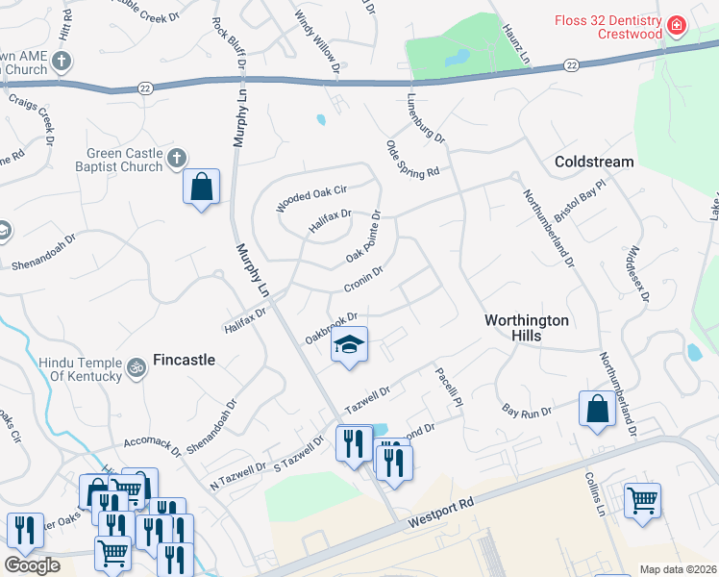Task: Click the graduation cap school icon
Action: (x=349, y=345)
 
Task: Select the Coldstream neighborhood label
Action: (x=594, y=162)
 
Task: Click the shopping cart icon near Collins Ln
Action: (x=642, y=499)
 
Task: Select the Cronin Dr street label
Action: (x=363, y=280)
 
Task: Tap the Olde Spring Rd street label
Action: (x=412, y=158)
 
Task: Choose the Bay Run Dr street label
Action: (x=527, y=412)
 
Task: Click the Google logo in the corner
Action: (x=31, y=565)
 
